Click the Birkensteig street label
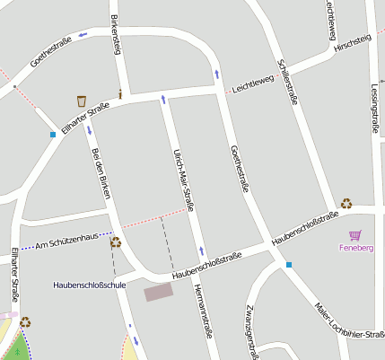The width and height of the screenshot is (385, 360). [x=115, y=34]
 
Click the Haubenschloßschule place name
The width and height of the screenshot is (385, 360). [x=90, y=285]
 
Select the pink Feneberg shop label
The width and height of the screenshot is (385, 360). [x=356, y=247]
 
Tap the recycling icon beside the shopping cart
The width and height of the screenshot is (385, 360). [x=346, y=204]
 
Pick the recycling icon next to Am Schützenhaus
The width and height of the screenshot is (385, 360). [x=116, y=241]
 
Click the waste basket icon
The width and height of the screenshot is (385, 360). [x=82, y=101]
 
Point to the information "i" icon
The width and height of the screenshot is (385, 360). [x=120, y=93]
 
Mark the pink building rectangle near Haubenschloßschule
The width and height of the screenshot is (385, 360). [x=159, y=292]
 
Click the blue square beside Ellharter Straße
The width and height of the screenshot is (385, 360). [x=53, y=135]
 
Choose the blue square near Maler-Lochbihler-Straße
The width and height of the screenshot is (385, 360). [x=289, y=265]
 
